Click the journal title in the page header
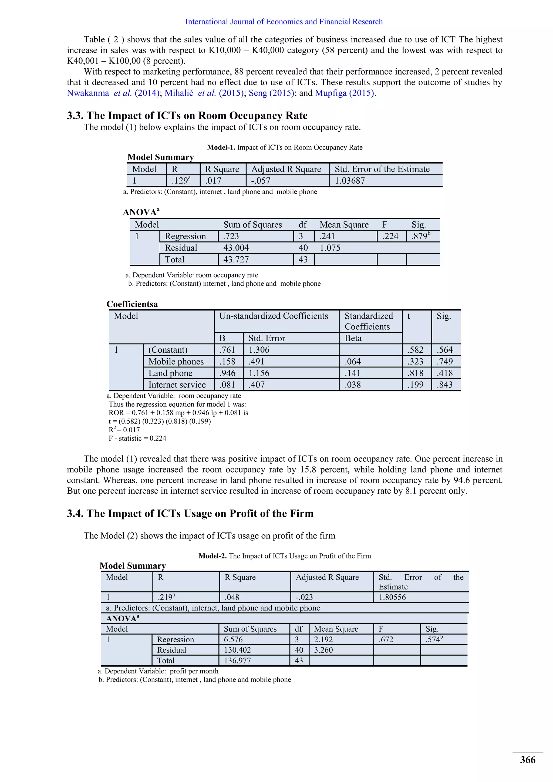(x=284, y=22)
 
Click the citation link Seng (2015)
(x=271, y=93)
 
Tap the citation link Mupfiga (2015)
(x=345, y=93)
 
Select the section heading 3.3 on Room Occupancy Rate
(x=187, y=116)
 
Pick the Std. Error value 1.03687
(x=349, y=181)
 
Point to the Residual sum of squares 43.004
(x=236, y=248)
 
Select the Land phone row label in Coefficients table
(x=170, y=373)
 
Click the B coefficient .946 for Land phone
(x=227, y=373)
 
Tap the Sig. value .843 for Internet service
(x=444, y=385)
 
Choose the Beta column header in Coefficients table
(x=353, y=338)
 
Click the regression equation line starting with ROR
(x=178, y=413)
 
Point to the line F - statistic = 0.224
(x=137, y=438)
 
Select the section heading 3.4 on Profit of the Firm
(x=190, y=513)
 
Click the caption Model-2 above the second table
(x=285, y=556)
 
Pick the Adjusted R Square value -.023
(x=304, y=597)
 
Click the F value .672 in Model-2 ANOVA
(x=386, y=639)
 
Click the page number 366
(x=527, y=760)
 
